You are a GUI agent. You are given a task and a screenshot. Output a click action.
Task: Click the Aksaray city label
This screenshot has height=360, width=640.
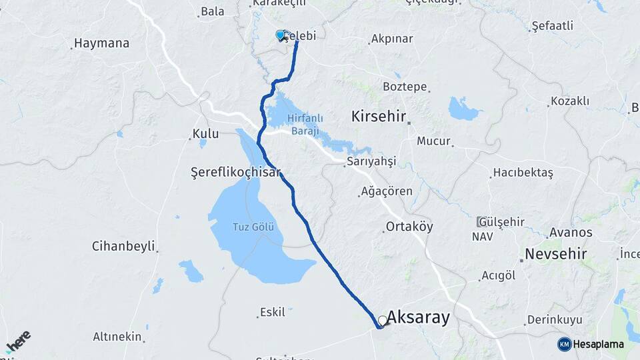(418, 317)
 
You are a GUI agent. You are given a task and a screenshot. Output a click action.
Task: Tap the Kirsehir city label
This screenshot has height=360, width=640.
(379, 117)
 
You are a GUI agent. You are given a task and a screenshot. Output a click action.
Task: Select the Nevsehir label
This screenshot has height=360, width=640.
(555, 254)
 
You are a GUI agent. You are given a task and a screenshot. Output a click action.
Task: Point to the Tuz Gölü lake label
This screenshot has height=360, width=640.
(253, 227)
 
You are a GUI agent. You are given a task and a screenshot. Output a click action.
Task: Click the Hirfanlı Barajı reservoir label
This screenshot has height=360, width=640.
(305, 125)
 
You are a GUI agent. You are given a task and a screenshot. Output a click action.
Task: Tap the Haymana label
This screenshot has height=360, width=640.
(101, 43)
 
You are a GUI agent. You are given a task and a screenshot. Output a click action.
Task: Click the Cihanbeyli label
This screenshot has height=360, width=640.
(123, 246)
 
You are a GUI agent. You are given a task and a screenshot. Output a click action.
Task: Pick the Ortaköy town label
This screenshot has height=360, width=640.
(409, 227)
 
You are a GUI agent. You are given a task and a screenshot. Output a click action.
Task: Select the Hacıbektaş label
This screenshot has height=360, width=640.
(523, 173)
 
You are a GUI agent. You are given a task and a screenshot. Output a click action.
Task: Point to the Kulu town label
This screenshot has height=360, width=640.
(205, 134)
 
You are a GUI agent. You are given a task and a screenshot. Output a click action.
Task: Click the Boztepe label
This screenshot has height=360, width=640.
(405, 87)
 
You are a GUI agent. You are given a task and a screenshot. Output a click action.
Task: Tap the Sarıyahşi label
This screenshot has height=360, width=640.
(371, 162)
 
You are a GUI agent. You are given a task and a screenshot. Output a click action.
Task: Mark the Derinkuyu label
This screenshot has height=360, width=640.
(555, 320)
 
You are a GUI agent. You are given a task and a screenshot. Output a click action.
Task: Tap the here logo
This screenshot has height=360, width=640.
(18, 341)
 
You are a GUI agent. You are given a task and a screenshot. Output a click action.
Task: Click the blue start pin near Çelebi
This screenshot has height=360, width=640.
(281, 35)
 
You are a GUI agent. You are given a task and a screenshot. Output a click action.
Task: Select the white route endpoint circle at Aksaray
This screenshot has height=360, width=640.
(383, 321)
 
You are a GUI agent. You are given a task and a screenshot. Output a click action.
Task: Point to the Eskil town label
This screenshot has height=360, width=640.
(272, 312)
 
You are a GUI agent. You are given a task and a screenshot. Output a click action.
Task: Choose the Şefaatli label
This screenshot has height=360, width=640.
(551, 27)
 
